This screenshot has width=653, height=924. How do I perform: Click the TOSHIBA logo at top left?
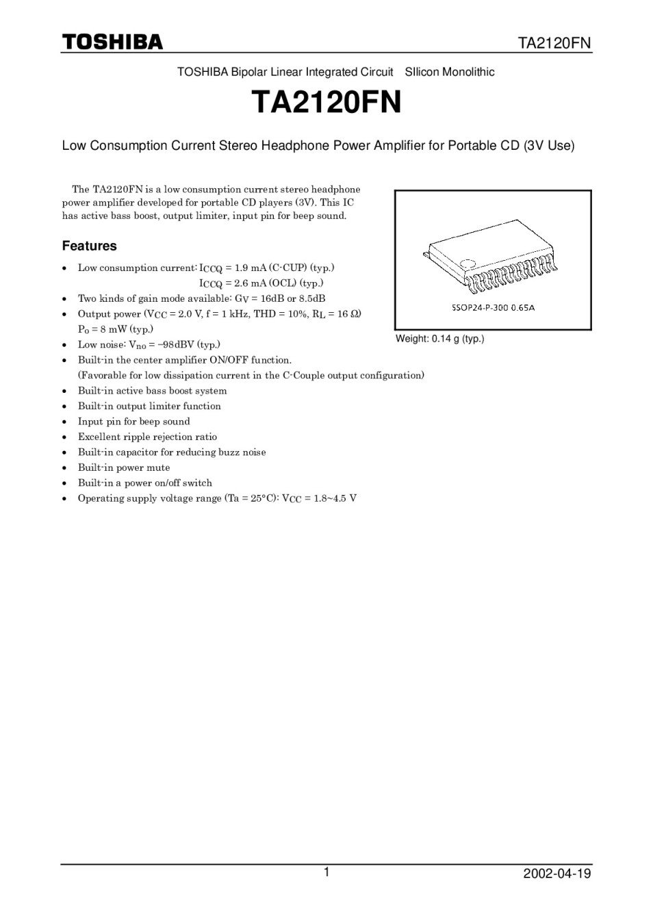[113, 42]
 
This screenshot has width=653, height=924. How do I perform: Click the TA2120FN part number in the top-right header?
[554, 44]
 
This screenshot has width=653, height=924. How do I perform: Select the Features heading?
[89, 246]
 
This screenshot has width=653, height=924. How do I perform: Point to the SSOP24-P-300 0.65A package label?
[493, 307]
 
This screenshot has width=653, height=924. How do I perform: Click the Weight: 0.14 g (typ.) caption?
[439, 339]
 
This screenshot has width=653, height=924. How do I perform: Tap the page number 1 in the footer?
[326, 872]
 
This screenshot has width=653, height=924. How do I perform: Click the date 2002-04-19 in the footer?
[556, 874]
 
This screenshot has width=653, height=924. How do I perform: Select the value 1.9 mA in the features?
[245, 268]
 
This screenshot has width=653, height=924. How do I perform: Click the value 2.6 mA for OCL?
[245, 283]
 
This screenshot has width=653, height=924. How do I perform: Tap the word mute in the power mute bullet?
[158, 467]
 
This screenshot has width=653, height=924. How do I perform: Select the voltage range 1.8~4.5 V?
[334, 498]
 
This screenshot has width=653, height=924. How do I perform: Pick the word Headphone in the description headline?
[296, 146]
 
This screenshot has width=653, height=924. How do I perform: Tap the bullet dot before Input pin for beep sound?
[64, 422]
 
